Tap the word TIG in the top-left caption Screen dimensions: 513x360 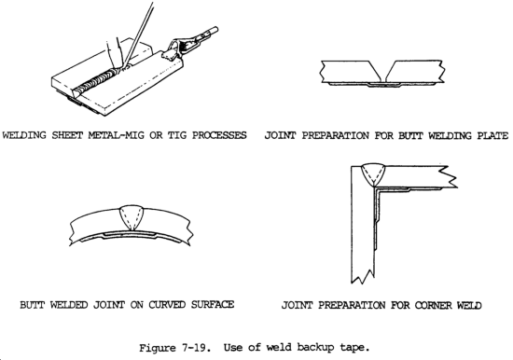coord(177,135)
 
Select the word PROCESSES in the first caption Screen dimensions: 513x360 coord(219,135)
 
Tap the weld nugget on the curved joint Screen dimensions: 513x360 coord(131,218)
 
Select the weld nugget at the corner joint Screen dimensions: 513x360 coord(373,175)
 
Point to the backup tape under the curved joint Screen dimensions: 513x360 coord(131,235)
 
